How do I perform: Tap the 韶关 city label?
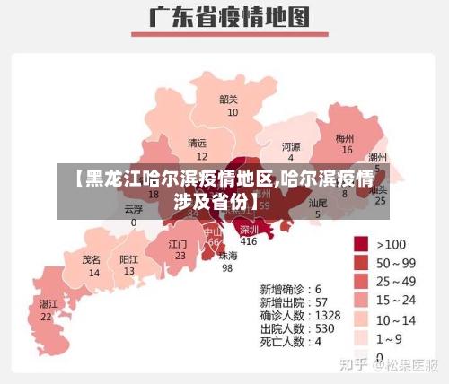tap(229, 100)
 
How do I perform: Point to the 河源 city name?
tap(291, 146)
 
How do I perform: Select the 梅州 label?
tap(345, 138)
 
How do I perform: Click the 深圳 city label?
tap(249, 229)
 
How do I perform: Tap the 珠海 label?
tap(228, 255)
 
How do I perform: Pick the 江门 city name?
tap(178, 243)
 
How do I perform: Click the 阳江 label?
tap(129, 258)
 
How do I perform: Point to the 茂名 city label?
tap(92, 258)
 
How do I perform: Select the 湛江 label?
tap(48, 304)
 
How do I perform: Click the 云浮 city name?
tap(134, 208)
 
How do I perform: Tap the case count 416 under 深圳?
tap(249, 241)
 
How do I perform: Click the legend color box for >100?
tap(361, 244)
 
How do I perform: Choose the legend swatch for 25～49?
tap(361, 281)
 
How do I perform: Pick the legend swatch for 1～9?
tap(361, 337)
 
